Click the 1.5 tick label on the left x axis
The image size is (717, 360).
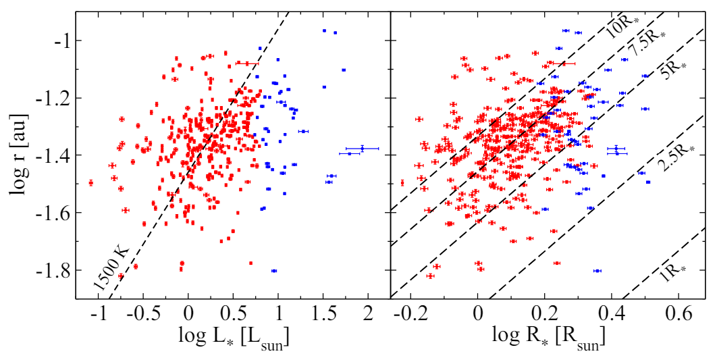point(322,315)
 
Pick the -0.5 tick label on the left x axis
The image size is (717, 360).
point(142,315)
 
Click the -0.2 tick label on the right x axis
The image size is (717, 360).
point(408,315)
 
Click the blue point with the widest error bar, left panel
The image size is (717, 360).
point(362,149)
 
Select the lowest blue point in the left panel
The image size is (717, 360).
point(274,271)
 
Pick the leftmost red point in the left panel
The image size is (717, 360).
point(91,182)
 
